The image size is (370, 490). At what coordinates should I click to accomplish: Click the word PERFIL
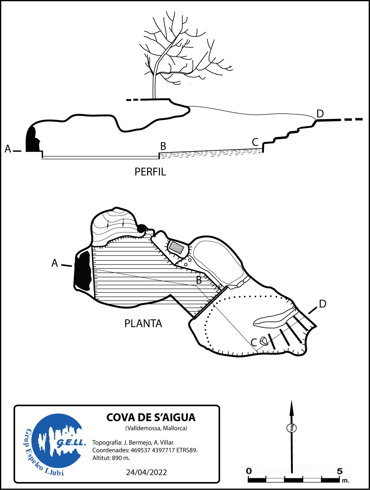click(150, 172)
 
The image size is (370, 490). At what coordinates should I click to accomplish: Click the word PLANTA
click(143, 324)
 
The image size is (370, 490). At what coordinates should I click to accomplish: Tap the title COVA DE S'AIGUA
click(151, 417)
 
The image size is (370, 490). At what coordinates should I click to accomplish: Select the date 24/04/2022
click(147, 472)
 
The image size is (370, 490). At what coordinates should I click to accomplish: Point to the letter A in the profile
click(8, 149)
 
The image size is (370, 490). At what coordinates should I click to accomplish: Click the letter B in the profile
click(163, 146)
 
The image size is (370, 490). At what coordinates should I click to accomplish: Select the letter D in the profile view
click(320, 114)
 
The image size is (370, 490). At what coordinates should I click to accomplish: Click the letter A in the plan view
click(55, 263)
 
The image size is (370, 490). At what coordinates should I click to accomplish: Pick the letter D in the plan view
click(322, 304)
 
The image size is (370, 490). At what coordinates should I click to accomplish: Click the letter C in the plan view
click(254, 343)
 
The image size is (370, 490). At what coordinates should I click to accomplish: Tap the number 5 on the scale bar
click(339, 471)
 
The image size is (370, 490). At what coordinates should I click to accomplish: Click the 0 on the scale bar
click(249, 471)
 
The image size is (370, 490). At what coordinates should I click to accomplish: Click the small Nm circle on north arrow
click(292, 428)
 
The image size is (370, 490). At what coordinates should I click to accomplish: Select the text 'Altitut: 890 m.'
click(111, 458)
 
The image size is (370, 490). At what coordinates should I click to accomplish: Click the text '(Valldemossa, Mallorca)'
click(156, 428)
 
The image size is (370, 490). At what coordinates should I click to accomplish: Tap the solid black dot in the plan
click(141, 228)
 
